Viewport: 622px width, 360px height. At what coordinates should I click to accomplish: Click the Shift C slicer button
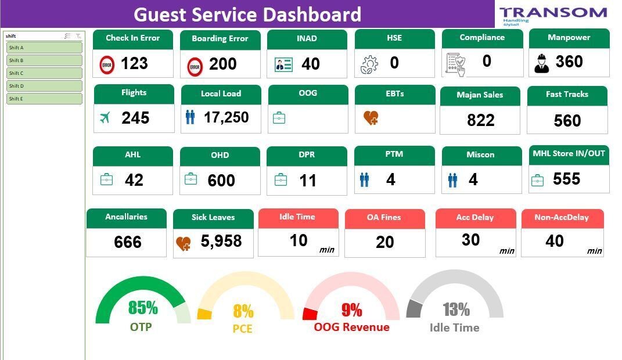coord(44,73)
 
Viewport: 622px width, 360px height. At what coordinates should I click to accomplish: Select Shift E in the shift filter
coord(44,99)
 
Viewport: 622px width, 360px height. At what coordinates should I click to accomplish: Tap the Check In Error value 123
coord(134,63)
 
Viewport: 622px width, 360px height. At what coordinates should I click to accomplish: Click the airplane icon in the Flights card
coord(105,118)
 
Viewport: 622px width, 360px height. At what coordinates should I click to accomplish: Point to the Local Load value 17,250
coord(226,117)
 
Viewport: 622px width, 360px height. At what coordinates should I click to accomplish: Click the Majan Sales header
coord(480,95)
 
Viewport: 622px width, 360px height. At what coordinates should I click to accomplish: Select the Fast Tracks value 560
coord(567,120)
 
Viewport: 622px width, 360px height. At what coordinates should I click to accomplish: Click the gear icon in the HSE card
coord(369,64)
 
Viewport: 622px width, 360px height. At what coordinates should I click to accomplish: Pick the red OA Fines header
coord(384,218)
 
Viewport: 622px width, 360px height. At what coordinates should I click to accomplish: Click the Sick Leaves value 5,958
coord(221,241)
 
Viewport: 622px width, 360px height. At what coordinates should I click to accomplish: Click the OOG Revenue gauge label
coord(351,327)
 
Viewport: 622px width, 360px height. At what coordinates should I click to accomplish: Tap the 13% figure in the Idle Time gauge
coord(456,309)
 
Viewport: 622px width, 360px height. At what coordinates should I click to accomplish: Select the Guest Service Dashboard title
coord(247,14)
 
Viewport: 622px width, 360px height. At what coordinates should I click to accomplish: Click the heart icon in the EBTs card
coord(371,118)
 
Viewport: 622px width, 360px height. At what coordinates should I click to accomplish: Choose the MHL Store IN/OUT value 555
coord(566,179)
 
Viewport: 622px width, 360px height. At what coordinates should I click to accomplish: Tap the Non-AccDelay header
coord(562,218)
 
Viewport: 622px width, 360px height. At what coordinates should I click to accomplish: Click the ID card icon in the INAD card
coord(283,64)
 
